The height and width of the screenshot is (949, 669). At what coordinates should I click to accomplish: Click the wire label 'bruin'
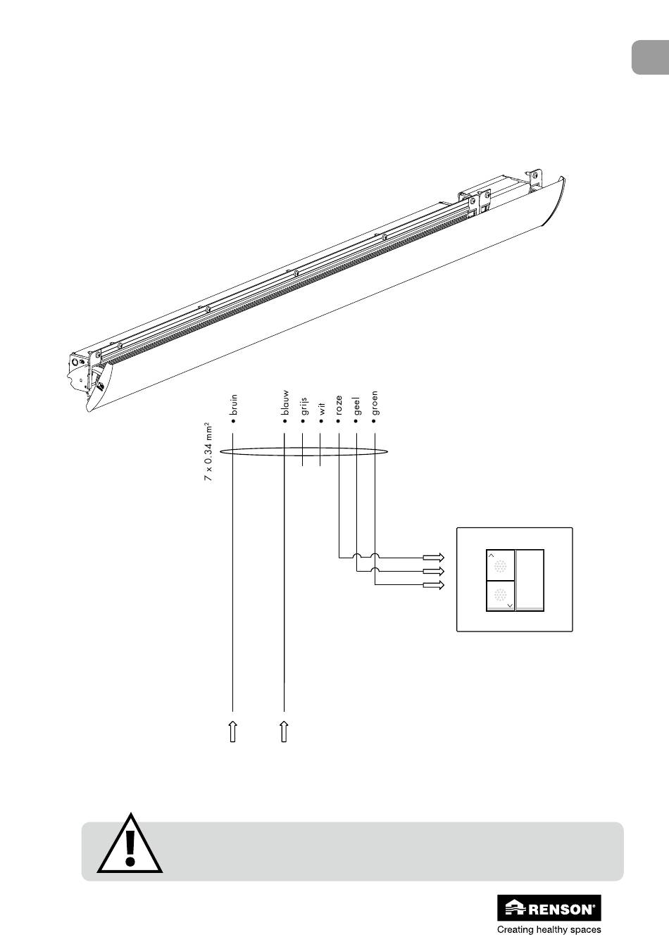point(233,405)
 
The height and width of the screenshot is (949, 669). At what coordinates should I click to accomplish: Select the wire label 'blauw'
point(285,403)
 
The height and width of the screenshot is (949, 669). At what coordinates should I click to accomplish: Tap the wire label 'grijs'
point(304,406)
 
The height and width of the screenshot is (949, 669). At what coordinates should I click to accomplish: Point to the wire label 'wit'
point(322,408)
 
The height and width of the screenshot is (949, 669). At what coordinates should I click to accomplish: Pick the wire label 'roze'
point(339,405)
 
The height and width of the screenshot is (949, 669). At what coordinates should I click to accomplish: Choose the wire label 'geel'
point(357,406)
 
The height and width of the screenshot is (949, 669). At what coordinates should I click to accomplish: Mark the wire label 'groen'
point(374,403)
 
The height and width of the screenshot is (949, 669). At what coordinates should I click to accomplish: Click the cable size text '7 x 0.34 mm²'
point(208,452)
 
